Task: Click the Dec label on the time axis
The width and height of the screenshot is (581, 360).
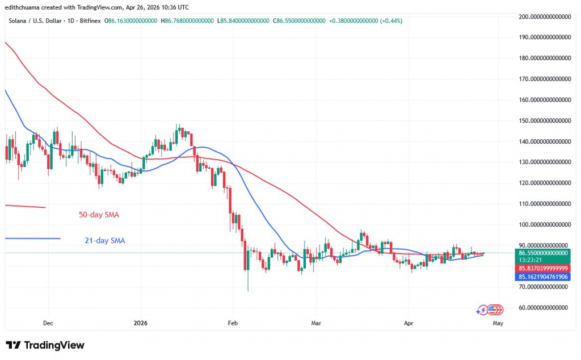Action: coord(48,323)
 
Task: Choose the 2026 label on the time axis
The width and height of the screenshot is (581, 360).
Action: coord(140,323)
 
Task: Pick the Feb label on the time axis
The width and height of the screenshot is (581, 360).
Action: coord(232,323)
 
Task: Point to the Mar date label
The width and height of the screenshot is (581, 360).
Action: coord(316,323)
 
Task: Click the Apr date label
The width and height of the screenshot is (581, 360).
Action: coord(409,323)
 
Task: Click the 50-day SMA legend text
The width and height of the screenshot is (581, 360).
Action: coord(99,215)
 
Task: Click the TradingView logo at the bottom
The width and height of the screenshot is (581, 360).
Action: coord(45,345)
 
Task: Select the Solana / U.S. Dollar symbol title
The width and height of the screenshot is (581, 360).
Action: coord(42,20)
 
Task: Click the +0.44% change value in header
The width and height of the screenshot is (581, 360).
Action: coord(392,20)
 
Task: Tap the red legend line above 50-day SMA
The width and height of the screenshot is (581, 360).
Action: coord(25,206)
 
